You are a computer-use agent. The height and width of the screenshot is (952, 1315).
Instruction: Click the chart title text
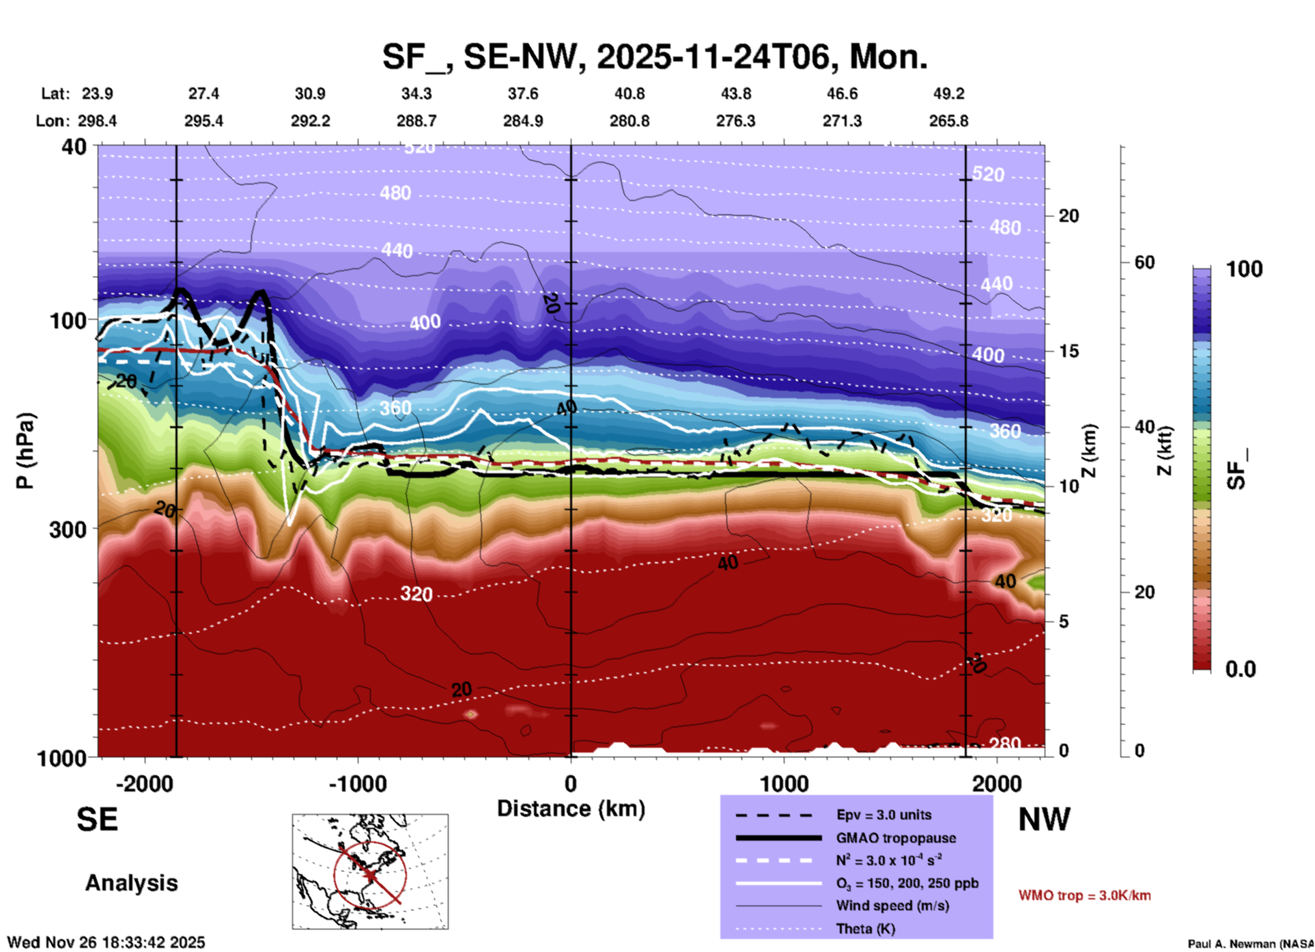(654, 57)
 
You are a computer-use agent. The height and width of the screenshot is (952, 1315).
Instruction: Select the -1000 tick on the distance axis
(358, 784)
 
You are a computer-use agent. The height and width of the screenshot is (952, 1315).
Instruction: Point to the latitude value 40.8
(629, 94)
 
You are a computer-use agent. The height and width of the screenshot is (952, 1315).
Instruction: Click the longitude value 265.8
(948, 121)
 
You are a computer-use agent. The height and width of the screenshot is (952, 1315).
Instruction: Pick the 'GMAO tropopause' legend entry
(896, 838)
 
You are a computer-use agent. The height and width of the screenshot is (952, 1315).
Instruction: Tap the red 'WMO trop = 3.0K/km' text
(1084, 895)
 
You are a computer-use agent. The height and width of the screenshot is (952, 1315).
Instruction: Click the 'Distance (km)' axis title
(571, 809)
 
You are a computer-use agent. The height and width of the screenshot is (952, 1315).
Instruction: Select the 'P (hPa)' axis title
(25, 451)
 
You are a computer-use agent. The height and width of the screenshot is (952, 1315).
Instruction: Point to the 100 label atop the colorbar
(1244, 269)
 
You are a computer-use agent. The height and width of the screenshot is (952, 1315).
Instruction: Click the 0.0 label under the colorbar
(1241, 669)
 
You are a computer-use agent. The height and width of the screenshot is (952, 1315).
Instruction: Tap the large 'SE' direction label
(97, 820)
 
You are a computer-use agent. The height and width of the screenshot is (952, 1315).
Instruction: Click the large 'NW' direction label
(1044, 820)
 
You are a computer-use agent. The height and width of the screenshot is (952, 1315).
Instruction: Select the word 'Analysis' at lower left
(131, 883)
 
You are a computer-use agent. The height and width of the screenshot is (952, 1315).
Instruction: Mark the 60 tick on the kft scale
(1144, 262)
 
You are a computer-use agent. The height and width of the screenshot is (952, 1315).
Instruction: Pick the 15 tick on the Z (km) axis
(1069, 351)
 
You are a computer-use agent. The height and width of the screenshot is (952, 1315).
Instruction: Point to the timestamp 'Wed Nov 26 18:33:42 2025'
(106, 942)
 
